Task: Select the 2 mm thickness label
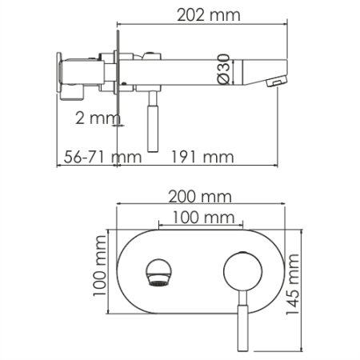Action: point(90,118)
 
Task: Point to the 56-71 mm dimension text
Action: point(90,156)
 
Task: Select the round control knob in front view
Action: point(239,272)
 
